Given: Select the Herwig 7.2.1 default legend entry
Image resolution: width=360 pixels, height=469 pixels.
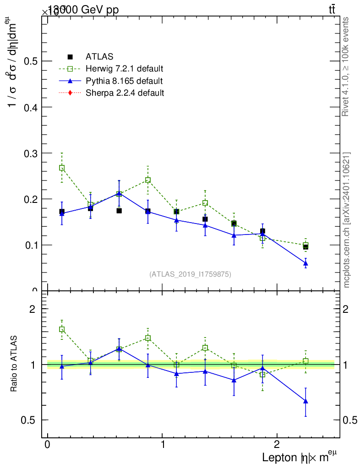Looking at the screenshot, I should point(124,69).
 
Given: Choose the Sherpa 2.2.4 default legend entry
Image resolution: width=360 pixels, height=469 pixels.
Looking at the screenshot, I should point(125,93).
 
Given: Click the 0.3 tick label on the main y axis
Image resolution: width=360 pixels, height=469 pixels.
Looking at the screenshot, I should point(30,153).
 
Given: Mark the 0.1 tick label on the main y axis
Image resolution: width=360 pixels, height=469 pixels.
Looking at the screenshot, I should point(30,245).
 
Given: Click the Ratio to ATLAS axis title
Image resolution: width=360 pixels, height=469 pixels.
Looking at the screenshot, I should point(14,364).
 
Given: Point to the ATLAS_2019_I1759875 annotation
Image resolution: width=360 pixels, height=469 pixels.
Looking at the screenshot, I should point(190,274).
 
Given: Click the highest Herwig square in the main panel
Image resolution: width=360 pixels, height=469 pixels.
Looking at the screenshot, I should point(62,168).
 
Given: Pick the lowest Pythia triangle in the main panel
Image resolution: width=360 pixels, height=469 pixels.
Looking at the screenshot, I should point(305,263).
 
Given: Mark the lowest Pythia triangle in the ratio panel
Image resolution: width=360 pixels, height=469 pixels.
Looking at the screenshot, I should point(305,401).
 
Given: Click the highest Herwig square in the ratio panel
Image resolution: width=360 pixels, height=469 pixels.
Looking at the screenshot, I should point(62,329).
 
